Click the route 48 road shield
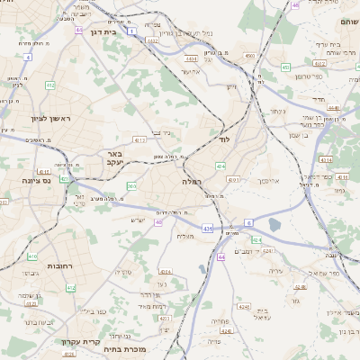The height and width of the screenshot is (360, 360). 295,5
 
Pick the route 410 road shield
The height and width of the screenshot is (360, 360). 32,256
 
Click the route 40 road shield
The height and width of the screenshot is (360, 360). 158,222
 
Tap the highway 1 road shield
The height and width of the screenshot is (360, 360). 131,31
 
